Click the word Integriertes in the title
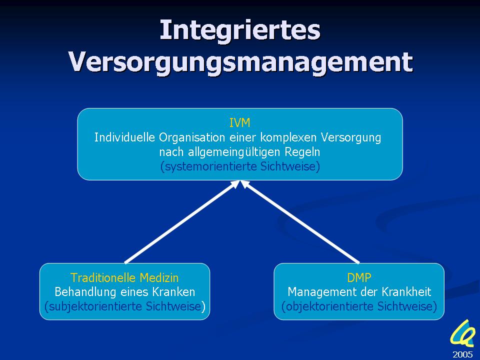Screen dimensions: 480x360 coord(240,30)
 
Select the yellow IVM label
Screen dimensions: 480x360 coord(239,123)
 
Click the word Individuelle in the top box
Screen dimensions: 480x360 coord(124,137)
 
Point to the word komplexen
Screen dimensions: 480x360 coord(288,137)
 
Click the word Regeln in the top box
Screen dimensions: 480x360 coord(302,152)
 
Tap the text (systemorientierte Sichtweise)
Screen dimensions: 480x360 coord(240,166)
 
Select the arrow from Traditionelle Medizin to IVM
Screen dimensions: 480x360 coord(182,221)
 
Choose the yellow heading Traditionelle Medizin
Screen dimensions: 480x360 coord(124,277)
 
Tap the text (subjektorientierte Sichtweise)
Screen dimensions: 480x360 coord(125,306)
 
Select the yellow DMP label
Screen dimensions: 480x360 coord(359,277)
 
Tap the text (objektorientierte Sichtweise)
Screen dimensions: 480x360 coord(359,306)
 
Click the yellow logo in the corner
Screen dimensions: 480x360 coord(462,333)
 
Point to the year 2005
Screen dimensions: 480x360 coord(462,354)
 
